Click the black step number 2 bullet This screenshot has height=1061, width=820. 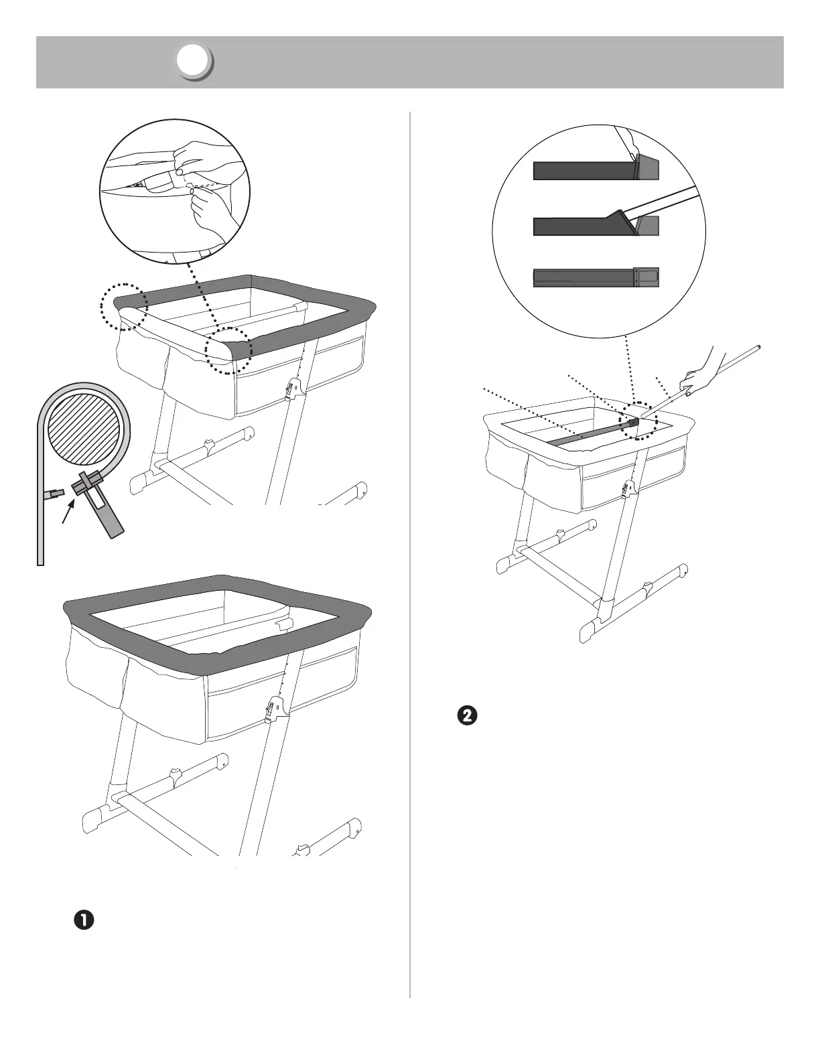[467, 715]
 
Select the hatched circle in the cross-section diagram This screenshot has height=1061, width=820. [89, 429]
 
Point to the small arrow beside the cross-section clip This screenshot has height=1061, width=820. [68, 515]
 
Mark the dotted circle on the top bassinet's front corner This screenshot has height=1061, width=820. [228, 350]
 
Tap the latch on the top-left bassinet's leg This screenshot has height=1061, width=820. [293, 389]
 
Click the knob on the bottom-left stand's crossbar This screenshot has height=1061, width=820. [177, 775]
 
